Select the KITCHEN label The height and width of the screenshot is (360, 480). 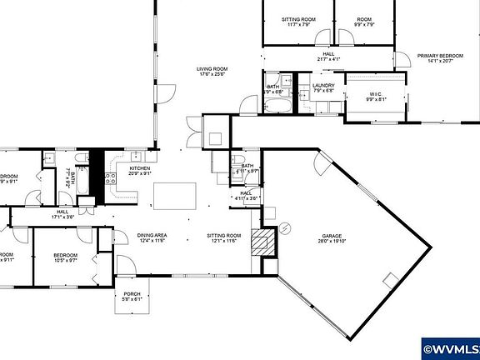[x=139, y=168]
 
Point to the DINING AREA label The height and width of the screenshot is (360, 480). [x=152, y=236]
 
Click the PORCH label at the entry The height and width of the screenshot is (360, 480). [x=132, y=292]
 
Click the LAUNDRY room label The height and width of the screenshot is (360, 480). [x=322, y=86]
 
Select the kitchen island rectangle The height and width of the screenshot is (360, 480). [x=175, y=195]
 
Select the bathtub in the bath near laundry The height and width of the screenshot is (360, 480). [x=274, y=105]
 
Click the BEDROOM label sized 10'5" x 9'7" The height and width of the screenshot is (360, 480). [x=65, y=255]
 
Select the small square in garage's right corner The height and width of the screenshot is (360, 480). [x=389, y=277]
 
